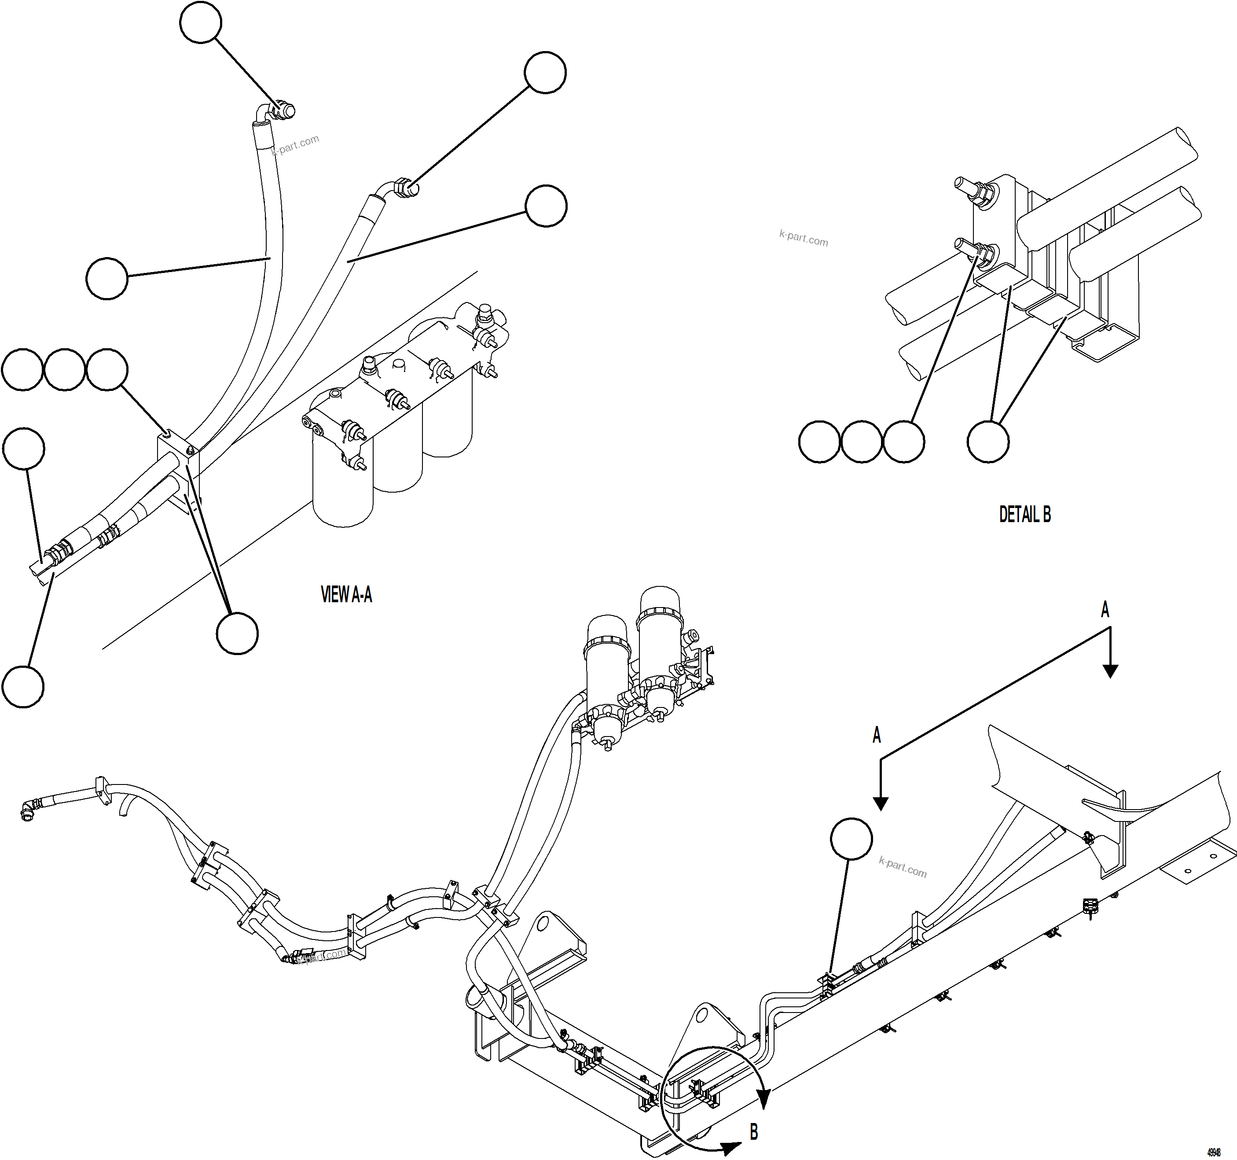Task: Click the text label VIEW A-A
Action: (346, 595)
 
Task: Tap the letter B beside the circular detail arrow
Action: (753, 1132)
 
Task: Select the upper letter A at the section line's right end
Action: (1105, 610)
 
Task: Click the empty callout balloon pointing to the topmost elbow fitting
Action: (200, 22)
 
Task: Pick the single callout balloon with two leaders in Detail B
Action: (987, 442)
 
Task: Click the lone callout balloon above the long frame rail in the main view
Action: (851, 840)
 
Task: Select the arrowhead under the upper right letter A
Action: (1110, 671)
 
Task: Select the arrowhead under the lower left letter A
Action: (880, 803)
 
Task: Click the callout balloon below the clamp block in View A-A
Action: (237, 633)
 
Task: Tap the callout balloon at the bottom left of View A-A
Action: (23, 686)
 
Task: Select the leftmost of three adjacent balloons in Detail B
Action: (819, 442)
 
